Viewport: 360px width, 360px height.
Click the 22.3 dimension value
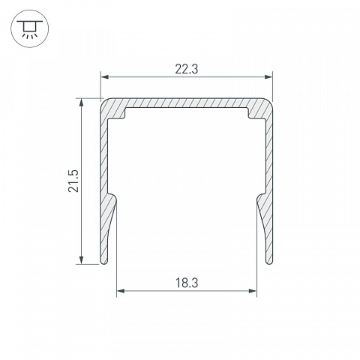186,69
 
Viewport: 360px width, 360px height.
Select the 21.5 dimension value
73,181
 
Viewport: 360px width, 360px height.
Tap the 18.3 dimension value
187,283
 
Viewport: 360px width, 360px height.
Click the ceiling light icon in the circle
30,29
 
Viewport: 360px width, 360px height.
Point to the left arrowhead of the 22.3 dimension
104,76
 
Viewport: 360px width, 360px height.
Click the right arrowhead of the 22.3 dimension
268,76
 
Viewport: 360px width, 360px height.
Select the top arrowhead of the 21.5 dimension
81,102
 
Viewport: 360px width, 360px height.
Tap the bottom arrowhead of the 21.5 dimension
81,260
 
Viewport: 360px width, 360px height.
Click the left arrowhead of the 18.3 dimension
121,291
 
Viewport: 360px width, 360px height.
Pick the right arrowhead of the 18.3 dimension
253,291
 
